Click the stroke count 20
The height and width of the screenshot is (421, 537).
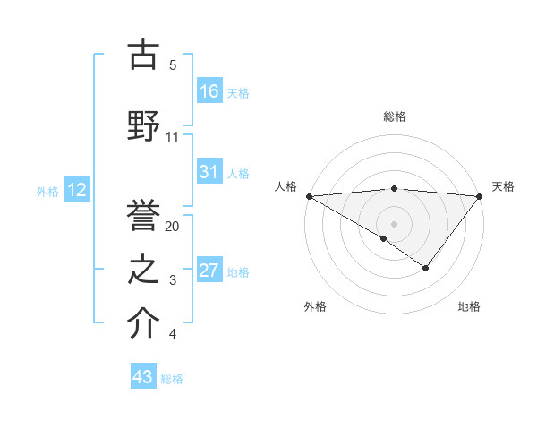[173, 227]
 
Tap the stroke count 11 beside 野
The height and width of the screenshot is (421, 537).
[173, 137]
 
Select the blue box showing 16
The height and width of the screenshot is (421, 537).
[209, 90]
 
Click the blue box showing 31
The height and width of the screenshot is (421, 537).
[209, 172]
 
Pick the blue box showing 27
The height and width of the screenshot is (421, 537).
[209, 271]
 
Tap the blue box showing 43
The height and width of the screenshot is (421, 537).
[143, 377]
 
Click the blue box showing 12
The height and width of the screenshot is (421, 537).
[76, 190]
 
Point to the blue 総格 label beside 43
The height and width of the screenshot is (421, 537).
[172, 379]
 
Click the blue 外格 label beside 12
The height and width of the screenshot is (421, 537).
[47, 191]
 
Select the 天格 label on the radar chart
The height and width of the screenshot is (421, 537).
[503, 186]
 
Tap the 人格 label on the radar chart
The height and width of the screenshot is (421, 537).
[286, 186]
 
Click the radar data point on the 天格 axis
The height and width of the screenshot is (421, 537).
[480, 196]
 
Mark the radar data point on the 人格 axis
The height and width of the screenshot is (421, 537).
[309, 196]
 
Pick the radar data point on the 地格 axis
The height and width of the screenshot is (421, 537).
[426, 268]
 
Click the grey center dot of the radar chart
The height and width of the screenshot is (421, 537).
[394, 223]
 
